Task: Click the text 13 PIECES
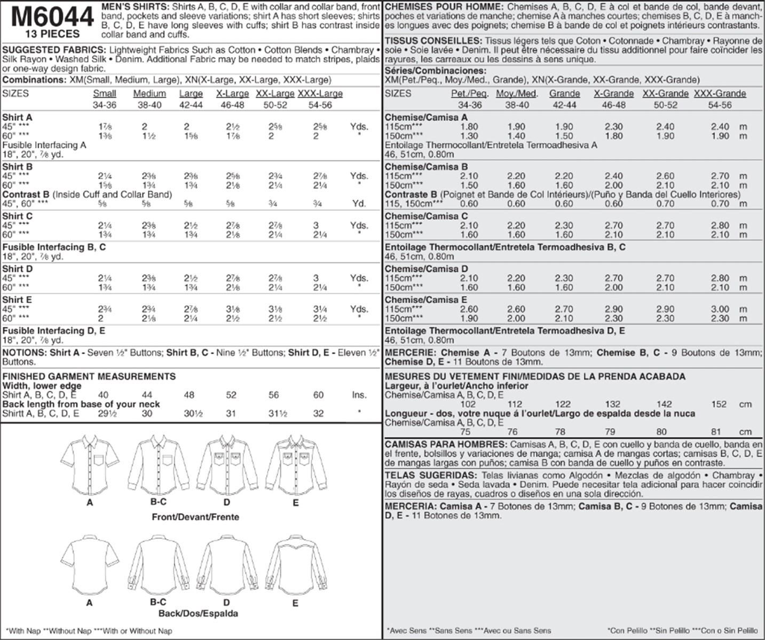click(x=52, y=34)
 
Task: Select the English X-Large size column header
click(x=232, y=93)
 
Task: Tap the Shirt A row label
click(x=17, y=117)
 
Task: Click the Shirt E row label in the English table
click(x=17, y=300)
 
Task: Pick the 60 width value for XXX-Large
click(x=319, y=395)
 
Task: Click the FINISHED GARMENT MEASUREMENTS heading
click(x=89, y=377)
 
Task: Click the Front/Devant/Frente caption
click(x=195, y=517)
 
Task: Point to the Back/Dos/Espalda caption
click(x=198, y=613)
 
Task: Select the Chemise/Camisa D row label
click(x=426, y=269)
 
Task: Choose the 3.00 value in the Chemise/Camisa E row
click(x=720, y=309)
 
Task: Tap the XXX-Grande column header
click(x=720, y=93)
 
